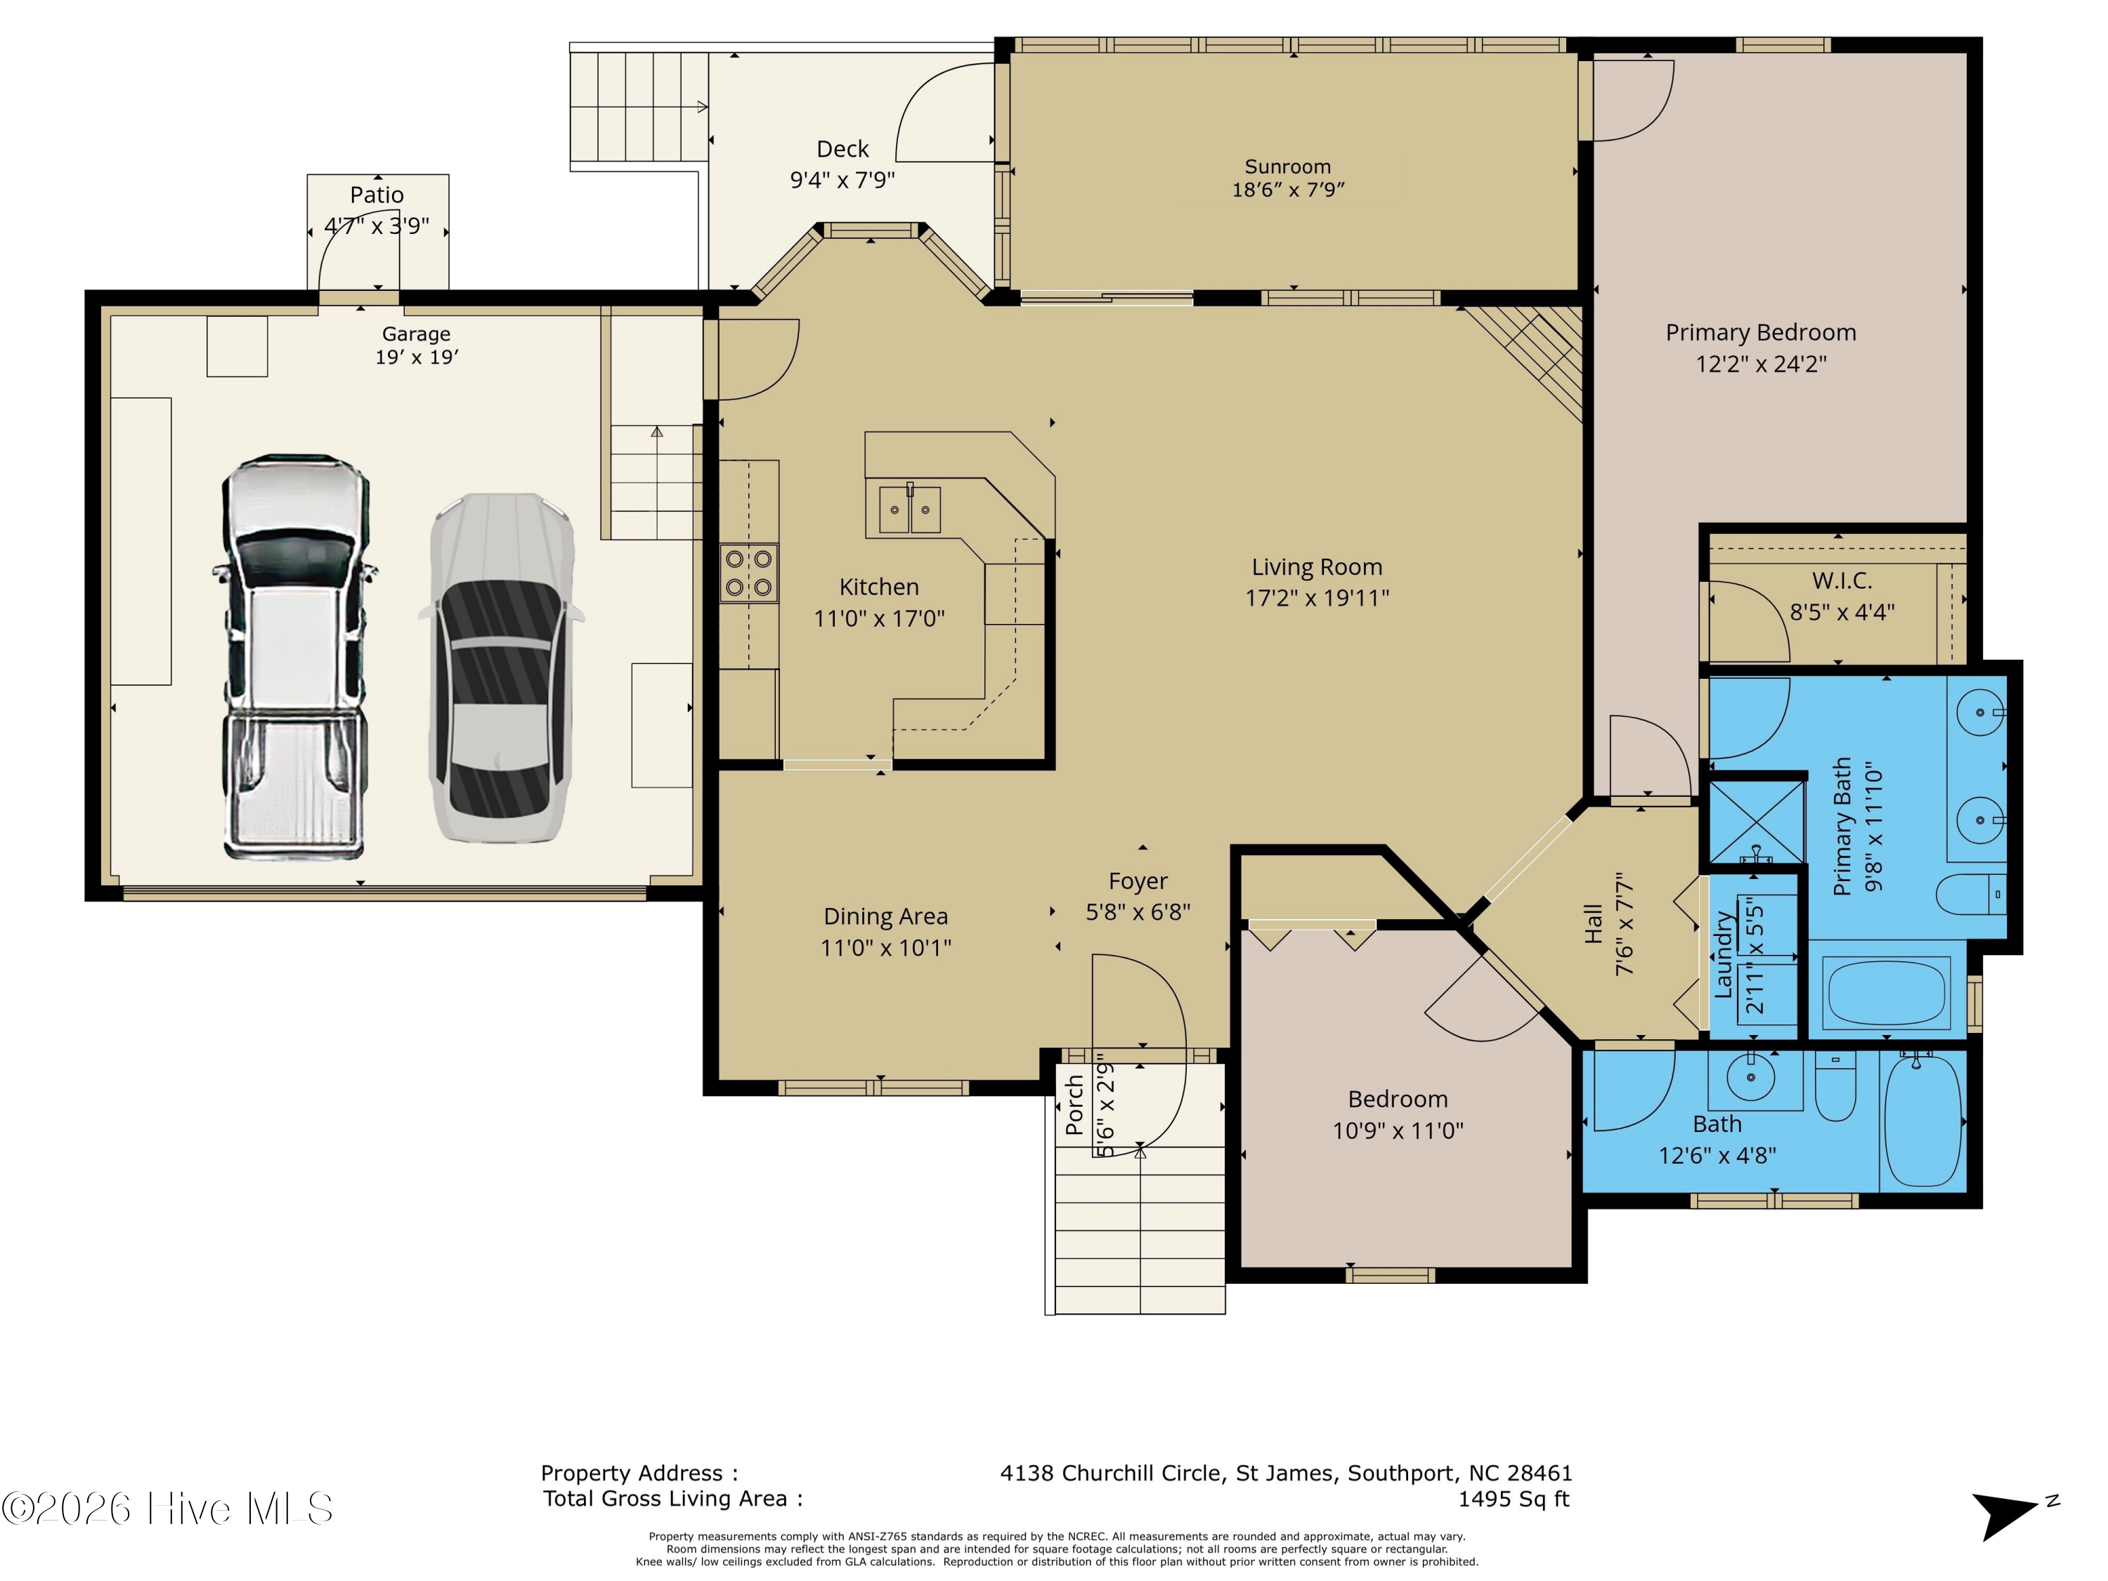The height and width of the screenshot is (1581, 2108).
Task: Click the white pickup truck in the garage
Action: tap(294, 658)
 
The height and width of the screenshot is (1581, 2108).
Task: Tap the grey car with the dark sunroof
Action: tap(501, 667)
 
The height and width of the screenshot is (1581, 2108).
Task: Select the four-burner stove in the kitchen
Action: tap(749, 573)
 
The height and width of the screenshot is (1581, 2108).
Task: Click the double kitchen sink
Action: tap(909, 509)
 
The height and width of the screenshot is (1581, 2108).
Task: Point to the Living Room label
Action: tap(1317, 567)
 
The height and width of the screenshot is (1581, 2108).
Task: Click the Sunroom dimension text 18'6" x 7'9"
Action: tap(1289, 190)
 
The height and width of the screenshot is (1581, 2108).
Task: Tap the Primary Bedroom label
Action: tap(1761, 332)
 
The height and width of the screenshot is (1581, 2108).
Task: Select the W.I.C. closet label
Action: tap(1842, 580)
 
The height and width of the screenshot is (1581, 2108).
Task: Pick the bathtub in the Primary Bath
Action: tap(1887, 990)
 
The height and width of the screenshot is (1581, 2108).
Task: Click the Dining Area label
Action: tap(885, 917)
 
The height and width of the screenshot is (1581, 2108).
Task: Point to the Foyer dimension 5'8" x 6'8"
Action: tap(1138, 912)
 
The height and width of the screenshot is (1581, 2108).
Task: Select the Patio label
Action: tap(377, 195)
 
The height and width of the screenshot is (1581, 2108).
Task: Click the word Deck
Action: tap(842, 149)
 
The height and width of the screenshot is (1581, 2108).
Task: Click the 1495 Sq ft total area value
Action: tap(1514, 1499)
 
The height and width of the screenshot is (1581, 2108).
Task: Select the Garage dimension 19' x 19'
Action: tap(417, 358)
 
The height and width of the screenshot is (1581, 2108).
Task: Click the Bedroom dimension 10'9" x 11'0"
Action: tap(1398, 1130)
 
